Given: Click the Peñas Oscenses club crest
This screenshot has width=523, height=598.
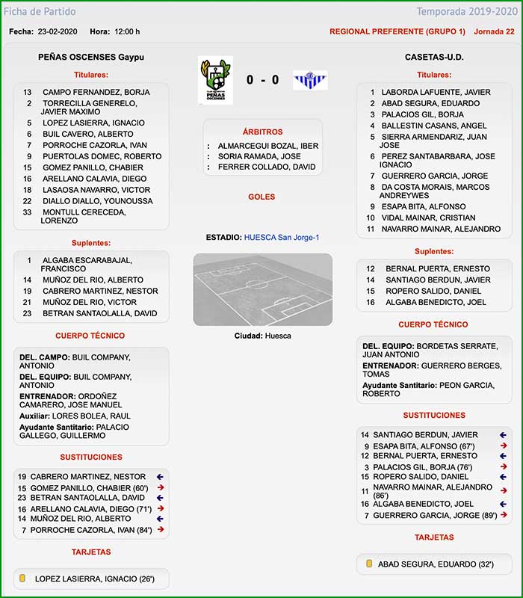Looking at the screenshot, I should click(215, 80).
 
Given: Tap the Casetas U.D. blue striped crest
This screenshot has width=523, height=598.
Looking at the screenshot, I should click(310, 80).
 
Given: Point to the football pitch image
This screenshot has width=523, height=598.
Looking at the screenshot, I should click(262, 289).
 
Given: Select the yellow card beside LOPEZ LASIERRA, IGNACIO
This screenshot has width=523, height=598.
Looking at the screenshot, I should click(22, 579).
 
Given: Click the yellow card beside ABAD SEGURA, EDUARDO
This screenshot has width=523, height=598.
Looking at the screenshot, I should click(369, 564).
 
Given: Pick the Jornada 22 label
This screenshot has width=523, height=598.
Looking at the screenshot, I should click(494, 31).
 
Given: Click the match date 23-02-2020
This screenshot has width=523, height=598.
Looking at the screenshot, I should click(58, 31).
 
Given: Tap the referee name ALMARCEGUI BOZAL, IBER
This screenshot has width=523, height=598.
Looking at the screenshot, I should click(267, 145).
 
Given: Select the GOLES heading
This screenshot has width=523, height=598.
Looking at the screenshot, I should click(262, 197).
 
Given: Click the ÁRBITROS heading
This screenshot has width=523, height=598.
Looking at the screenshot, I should click(262, 132).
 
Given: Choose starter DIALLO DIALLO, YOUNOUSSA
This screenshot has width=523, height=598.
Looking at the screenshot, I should click(97, 201).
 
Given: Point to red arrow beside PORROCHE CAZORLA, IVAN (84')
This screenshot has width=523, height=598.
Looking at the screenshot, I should click(160, 530).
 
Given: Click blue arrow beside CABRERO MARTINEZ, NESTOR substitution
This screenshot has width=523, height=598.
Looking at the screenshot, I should click(160, 476).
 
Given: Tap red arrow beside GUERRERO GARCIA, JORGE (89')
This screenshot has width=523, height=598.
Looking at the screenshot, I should click(504, 515).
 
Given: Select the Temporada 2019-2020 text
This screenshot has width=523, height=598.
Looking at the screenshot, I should click(466, 11).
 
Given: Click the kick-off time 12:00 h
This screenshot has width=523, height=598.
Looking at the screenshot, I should click(125, 31).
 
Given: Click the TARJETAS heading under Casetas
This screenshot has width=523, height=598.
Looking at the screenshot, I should click(433, 537).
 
